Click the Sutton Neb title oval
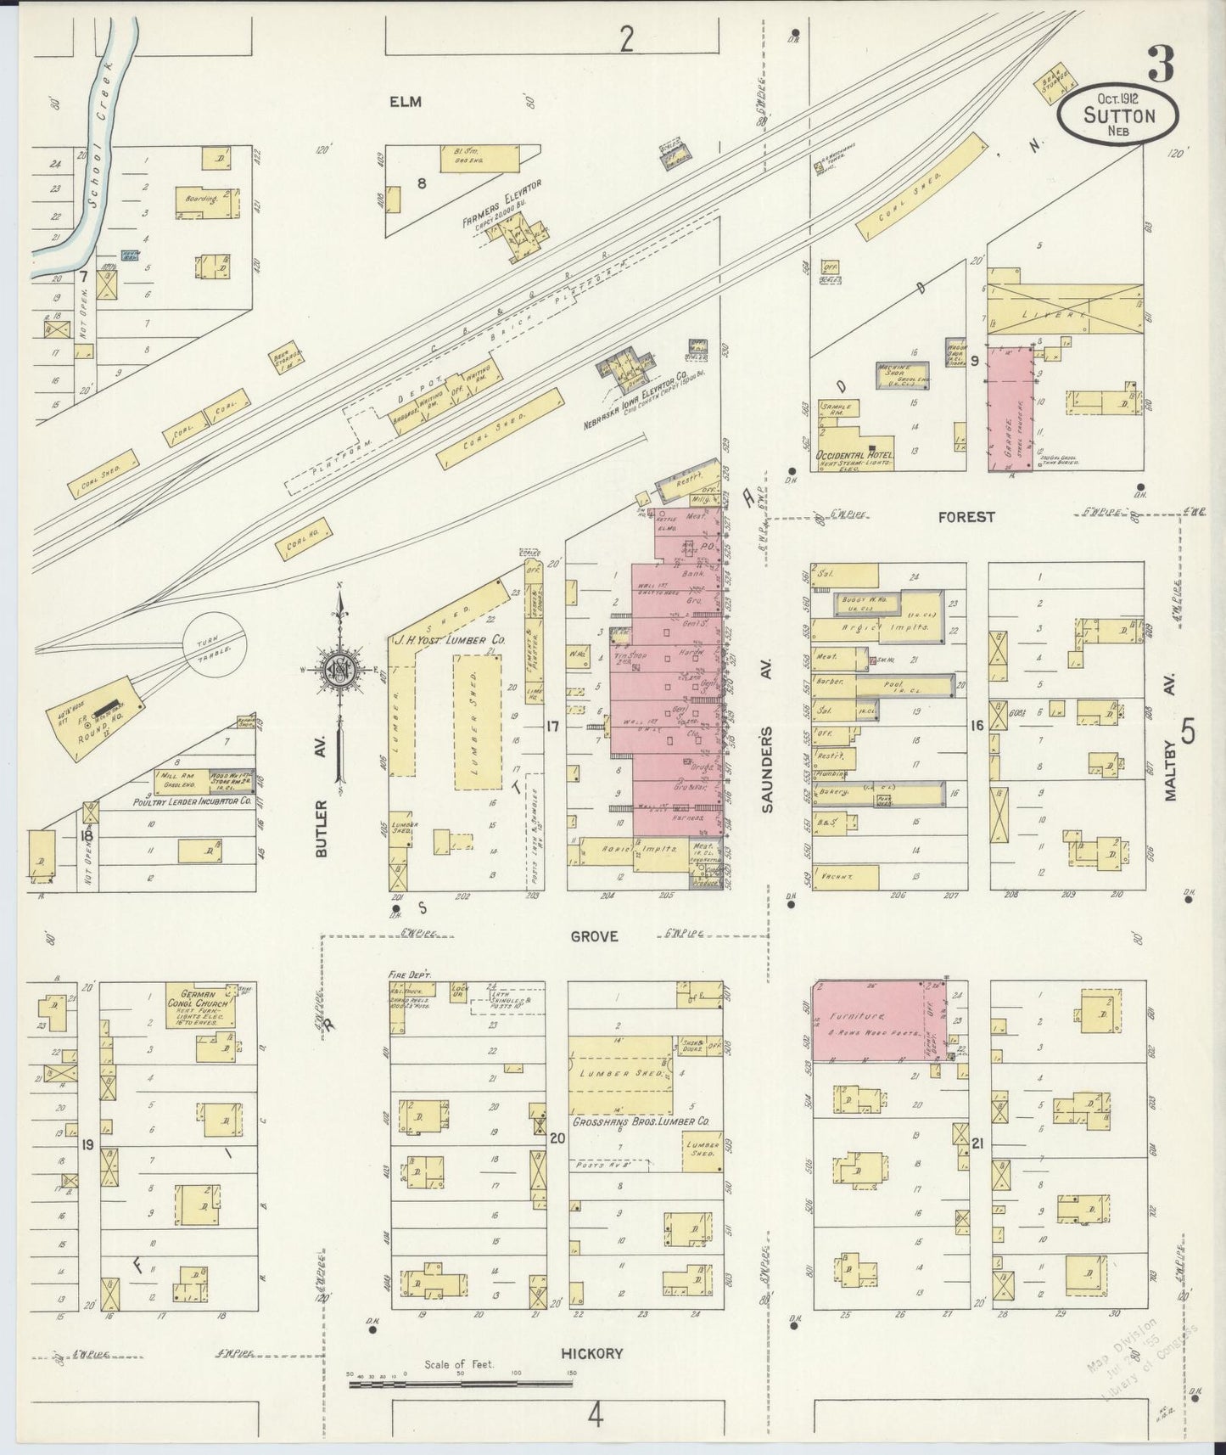[x=1117, y=116]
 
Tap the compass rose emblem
[x=340, y=670]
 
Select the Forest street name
[x=966, y=516]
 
